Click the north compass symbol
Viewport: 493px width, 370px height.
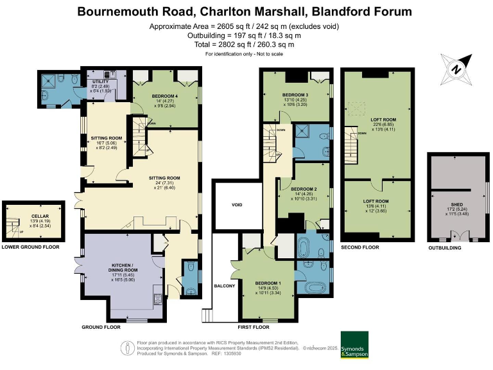pos(456,69)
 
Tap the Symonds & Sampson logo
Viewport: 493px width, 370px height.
pos(354,344)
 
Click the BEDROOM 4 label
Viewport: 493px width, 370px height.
pos(164,96)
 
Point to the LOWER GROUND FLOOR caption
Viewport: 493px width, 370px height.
pos(30,247)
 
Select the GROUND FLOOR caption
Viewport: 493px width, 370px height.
pos(101,327)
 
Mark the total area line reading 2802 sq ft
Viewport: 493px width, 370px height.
pos(246,45)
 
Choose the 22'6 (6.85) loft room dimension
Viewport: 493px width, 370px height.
pos(383,125)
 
